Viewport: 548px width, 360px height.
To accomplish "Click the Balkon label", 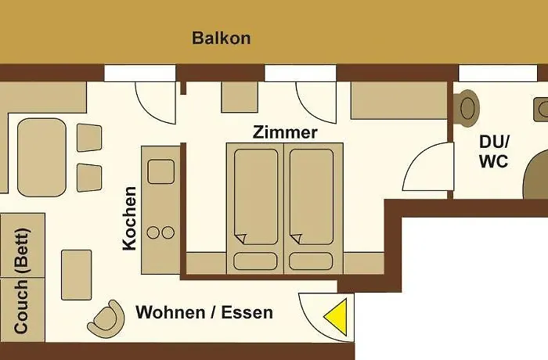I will pos(222,38).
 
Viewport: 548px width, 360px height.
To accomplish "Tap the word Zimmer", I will pos(285,132).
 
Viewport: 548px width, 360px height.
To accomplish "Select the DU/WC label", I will pos(494,152).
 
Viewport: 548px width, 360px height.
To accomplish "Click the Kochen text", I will pos(130,218).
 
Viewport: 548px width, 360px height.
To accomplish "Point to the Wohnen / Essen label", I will pos(204,313).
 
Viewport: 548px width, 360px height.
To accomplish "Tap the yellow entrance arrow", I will pos(337,317).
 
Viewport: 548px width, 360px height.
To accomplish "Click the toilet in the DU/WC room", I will pos(468,108).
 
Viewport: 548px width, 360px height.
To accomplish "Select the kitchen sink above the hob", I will pos(160,171).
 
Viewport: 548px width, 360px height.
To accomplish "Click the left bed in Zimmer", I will pos(255,196).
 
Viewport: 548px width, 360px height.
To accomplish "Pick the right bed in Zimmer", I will pos(311,196).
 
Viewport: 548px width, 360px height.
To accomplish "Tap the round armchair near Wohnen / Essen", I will pos(106,318).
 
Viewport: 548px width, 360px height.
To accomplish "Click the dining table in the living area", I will pos(41,157).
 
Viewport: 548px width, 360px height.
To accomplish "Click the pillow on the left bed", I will pos(255,261).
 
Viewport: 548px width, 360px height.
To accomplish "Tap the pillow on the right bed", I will pos(311,261).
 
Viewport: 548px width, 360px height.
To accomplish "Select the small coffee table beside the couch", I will pos(76,274).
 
